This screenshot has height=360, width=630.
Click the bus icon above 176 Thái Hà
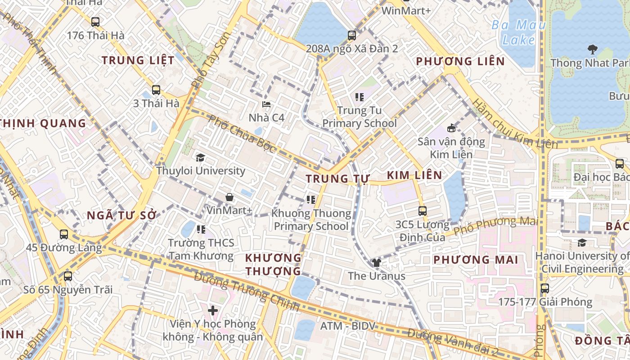click(x=95, y=22)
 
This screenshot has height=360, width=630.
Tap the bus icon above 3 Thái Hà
click(x=156, y=90)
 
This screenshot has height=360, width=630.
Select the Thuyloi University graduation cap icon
click(x=200, y=157)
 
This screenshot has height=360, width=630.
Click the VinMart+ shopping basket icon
click(x=229, y=197)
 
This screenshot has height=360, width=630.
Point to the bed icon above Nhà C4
click(x=266, y=104)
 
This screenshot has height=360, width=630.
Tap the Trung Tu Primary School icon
click(x=359, y=97)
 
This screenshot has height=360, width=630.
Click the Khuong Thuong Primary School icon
click(x=310, y=199)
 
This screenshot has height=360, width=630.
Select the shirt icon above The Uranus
click(x=376, y=263)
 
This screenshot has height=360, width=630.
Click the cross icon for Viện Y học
click(x=212, y=310)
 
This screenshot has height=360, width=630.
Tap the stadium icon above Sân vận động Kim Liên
click(x=451, y=128)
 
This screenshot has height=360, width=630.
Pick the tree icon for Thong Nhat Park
click(x=592, y=49)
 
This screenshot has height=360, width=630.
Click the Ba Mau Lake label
click(x=518, y=32)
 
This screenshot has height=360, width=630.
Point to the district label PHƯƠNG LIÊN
click(x=460, y=61)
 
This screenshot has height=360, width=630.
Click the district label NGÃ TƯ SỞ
click(x=121, y=215)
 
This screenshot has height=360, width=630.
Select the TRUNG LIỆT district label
click(x=138, y=60)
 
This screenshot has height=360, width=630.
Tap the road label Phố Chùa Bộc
click(x=242, y=134)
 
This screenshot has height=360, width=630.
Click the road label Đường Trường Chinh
click(x=247, y=292)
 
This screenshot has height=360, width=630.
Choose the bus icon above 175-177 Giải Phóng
click(x=544, y=288)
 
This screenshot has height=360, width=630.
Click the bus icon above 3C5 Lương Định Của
click(x=422, y=211)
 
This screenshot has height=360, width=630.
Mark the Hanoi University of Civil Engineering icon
click(x=581, y=243)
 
